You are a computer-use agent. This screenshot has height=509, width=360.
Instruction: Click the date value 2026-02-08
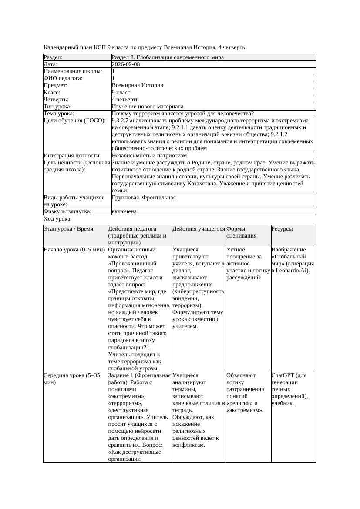(x=126, y=64)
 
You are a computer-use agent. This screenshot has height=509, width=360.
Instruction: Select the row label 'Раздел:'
(x=53, y=57)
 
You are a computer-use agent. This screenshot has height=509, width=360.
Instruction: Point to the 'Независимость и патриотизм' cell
(x=149, y=156)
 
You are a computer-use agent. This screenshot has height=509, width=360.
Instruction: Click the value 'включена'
(x=124, y=211)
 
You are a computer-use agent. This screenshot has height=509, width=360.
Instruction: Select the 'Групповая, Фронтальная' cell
(x=144, y=198)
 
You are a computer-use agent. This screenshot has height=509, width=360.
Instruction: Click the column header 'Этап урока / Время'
(x=68, y=229)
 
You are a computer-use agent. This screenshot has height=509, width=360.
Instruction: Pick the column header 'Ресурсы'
(x=282, y=229)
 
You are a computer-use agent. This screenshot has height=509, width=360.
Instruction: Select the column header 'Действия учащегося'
(x=199, y=229)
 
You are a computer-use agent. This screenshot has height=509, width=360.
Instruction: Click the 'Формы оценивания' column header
(x=241, y=232)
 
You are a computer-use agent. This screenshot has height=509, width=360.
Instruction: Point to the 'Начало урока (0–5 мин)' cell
(x=74, y=250)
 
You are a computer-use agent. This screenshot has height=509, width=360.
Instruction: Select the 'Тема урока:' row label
(x=59, y=114)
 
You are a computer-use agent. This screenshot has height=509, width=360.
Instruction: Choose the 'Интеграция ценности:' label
(x=72, y=156)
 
